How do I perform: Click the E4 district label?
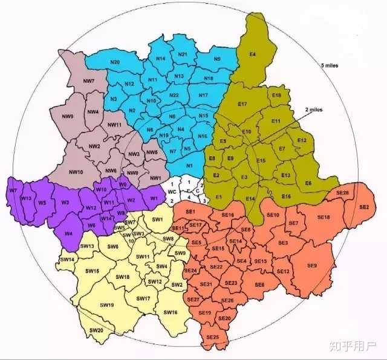click(x=253, y=55)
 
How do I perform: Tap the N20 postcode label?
click(x=115, y=63)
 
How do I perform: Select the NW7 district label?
click(x=88, y=81)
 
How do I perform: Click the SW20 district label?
click(x=96, y=330)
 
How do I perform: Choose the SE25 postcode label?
click(x=212, y=336)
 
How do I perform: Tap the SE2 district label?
click(x=364, y=208)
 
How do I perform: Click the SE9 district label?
click(x=312, y=266)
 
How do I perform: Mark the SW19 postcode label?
click(x=106, y=305)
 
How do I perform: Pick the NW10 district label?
click(x=76, y=172)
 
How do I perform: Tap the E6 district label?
click(x=308, y=183)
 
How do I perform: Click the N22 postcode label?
click(x=174, y=96)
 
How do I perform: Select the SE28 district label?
click(x=342, y=192)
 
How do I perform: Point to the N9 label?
click(x=217, y=59)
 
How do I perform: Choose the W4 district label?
click(x=68, y=233)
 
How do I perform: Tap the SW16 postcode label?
click(x=171, y=312)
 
